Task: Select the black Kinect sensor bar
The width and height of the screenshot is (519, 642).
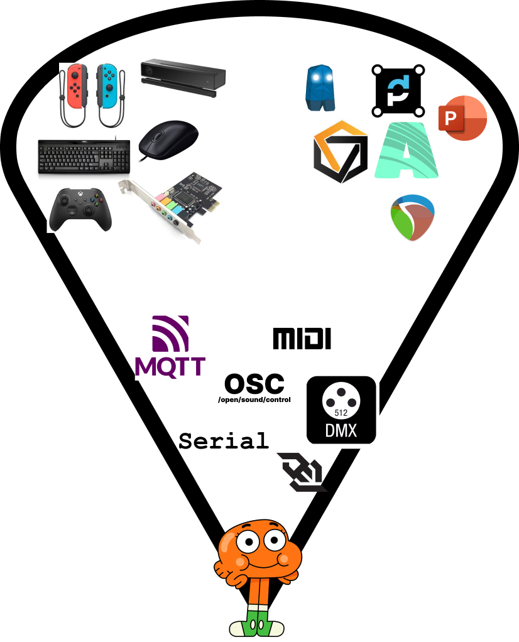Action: [183, 77]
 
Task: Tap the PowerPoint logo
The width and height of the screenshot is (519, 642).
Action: [462, 119]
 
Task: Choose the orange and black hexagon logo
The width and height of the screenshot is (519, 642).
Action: [340, 151]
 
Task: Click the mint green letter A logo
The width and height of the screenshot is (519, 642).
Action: [406, 150]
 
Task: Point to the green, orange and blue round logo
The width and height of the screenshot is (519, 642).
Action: [412, 217]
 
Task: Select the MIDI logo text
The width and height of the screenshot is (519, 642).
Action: [302, 339]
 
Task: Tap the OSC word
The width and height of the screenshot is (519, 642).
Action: [254, 383]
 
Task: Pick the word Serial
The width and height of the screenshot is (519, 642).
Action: [224, 440]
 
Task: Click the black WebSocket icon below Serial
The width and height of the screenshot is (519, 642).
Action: [302, 472]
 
